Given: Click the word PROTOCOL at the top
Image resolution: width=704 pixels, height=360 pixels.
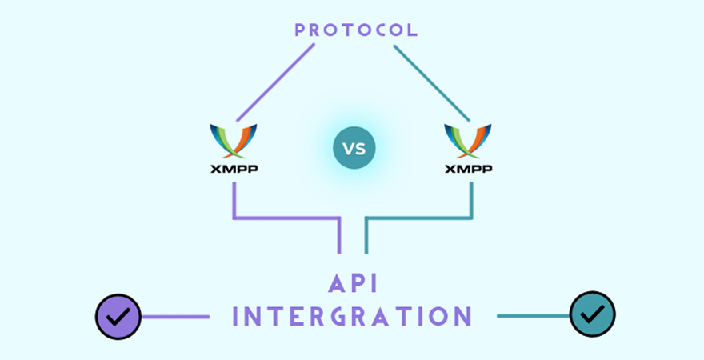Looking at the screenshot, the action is click(356, 30).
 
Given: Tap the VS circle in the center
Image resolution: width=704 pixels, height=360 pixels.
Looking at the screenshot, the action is click(354, 148).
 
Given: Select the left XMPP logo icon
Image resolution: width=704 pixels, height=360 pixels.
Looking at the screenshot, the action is click(234, 141).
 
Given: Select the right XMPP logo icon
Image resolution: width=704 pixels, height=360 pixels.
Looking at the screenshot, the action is click(468, 141).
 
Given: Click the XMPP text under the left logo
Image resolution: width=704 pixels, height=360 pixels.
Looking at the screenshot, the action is click(234, 170).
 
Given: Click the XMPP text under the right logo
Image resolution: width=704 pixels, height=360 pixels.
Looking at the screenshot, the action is click(468, 170).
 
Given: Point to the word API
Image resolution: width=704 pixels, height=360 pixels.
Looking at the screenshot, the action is click(354, 282).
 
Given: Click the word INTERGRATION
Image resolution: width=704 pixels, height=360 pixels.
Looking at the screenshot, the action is click(353, 316).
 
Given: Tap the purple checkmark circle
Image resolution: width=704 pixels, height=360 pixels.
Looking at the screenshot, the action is click(118, 317).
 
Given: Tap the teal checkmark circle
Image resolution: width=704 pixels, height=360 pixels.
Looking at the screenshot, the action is click(593, 314).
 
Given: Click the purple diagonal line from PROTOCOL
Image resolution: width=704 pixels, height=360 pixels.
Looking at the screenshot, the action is click(275, 82).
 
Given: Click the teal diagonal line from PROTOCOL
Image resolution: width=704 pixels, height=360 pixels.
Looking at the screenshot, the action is click(432, 83).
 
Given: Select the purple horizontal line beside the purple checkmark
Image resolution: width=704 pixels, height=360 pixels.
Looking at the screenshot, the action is click(175, 317).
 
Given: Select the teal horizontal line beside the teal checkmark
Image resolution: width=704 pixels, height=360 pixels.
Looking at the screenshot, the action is click(534, 316).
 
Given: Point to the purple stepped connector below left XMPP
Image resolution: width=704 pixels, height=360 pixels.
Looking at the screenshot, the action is click(287, 218).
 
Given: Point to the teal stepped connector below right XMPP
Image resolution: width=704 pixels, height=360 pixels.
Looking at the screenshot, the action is click(418, 218).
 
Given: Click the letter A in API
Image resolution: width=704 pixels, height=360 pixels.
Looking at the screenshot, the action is click(337, 282).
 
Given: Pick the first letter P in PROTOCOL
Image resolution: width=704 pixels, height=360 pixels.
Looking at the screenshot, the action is click(300, 30).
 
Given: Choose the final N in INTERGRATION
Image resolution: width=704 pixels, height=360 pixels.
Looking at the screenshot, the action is click(463, 316).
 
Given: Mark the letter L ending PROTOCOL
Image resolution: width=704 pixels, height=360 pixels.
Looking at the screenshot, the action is click(413, 30).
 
